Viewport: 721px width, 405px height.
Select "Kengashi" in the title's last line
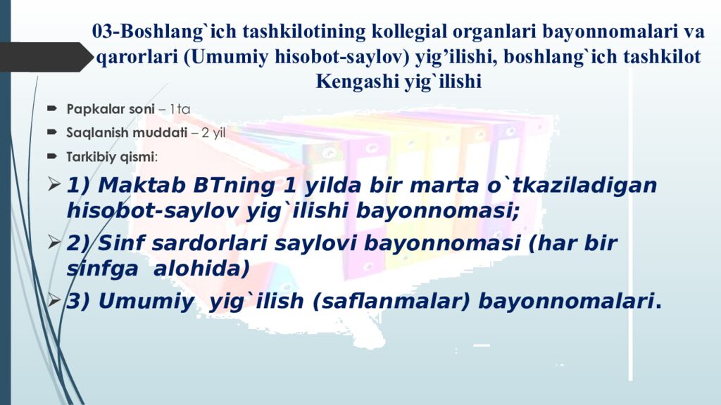[356, 82]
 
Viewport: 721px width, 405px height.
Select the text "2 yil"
[213, 132]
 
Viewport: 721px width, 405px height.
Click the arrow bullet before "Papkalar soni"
[54, 109]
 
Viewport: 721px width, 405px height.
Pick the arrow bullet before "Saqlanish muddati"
[54, 132]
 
